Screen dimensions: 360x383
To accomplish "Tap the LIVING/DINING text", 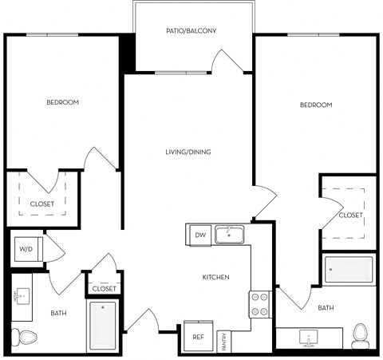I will (188, 152).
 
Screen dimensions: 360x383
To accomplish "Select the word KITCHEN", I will (215, 277).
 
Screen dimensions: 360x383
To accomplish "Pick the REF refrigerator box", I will (199, 337).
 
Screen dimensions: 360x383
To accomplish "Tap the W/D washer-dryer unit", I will (26, 250).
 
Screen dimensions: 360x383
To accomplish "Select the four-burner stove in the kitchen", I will (260, 303).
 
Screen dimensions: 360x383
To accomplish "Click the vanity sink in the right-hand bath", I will (310, 338).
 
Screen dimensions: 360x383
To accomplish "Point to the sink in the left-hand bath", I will (20, 297).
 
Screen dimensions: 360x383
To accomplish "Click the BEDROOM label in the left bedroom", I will (62, 102).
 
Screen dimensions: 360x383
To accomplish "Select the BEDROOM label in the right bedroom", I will (316, 105).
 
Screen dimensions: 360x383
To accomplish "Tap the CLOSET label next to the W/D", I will (105, 288).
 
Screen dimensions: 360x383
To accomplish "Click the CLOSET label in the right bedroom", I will (349, 215).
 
